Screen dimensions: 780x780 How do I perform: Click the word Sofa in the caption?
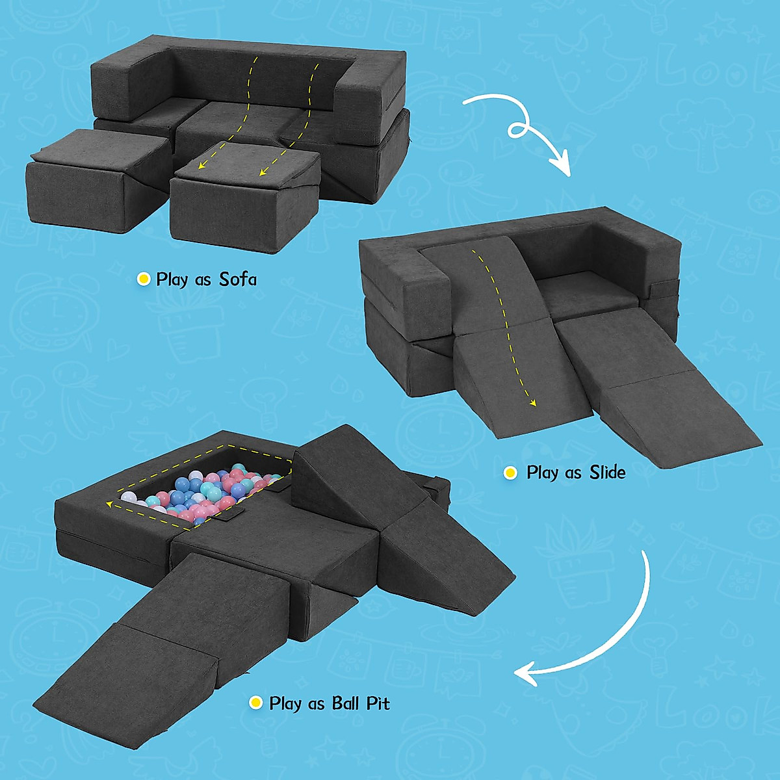tap(237, 279)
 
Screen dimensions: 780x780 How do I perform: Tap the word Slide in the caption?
tap(607, 473)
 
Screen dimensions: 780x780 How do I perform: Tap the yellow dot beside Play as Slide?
tap(510, 473)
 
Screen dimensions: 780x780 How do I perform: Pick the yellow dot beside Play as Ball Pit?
tap(257, 703)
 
